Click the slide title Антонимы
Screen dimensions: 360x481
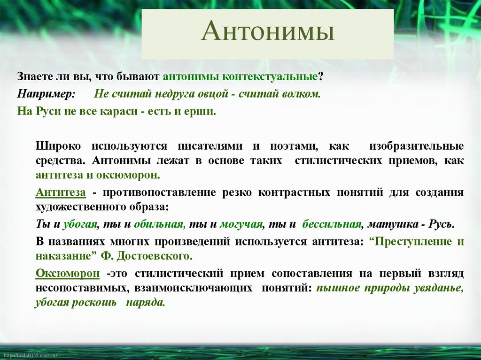[268, 33]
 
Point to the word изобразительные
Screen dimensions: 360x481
[416, 146]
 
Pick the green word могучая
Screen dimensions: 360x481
[240, 224]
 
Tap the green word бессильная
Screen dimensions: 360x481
[332, 224]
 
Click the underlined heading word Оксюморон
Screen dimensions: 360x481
[68, 273]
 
